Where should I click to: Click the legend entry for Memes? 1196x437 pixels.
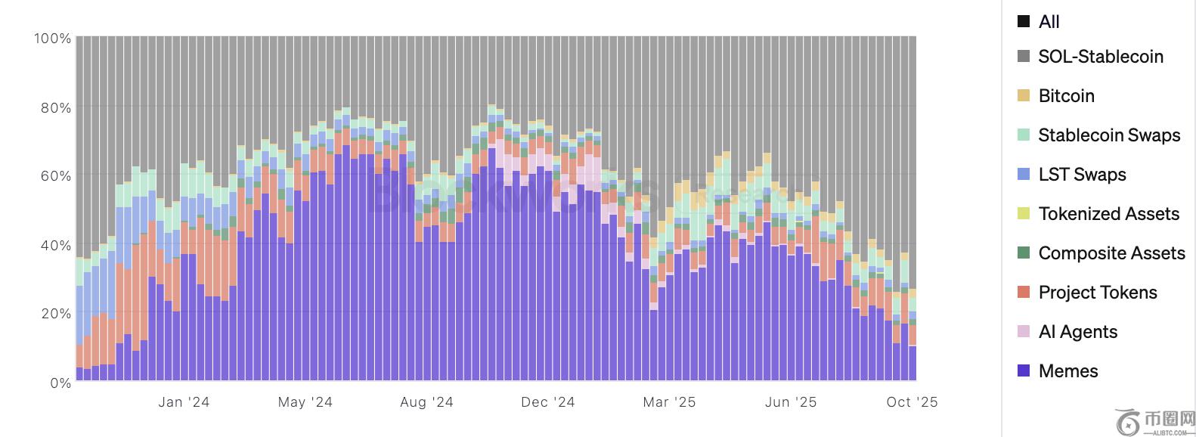1067,370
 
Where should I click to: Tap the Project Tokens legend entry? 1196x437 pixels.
1097,292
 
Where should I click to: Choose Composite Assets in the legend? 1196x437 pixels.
1111,253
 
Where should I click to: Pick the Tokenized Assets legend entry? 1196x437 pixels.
1108,213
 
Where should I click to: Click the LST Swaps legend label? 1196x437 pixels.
1082,174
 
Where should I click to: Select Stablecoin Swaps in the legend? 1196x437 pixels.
1109,135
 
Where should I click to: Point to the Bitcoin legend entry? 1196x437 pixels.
1066,95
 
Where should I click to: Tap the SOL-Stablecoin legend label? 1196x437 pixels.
1100,56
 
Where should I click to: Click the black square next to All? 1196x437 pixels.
1024,21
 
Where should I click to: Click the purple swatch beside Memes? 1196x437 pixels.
1024,370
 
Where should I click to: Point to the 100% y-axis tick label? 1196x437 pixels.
52,38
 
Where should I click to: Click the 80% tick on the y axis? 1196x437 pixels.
55,107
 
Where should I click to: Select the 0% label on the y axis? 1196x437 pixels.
59,383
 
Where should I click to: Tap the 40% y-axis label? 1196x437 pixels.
55,245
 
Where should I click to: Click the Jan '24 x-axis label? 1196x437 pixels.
184,402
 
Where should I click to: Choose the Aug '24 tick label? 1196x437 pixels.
426,402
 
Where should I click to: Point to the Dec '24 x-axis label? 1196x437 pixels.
547,402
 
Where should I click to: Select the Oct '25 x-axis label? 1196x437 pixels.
912,402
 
